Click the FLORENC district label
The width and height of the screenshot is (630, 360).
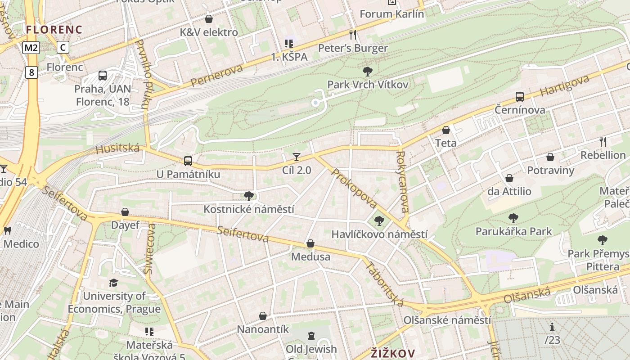tap(54, 30)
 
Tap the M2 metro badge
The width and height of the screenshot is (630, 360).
tap(31, 47)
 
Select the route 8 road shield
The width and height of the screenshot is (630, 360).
tap(31, 72)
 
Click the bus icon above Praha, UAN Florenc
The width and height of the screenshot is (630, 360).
tap(103, 76)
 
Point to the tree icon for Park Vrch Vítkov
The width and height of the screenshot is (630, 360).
tap(367, 71)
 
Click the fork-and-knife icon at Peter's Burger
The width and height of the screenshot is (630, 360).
tap(353, 35)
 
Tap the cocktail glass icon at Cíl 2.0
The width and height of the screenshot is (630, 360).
tap(296, 157)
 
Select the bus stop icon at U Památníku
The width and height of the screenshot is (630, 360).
tap(188, 161)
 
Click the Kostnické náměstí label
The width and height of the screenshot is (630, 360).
tap(249, 209)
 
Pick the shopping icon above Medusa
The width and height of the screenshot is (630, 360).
tap(310, 244)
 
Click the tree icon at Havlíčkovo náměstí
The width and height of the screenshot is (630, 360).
tap(379, 220)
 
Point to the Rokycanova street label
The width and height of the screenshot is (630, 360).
tap(402, 181)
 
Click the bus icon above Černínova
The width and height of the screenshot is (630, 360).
tap(519, 96)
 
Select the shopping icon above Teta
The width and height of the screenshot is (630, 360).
tap(445, 130)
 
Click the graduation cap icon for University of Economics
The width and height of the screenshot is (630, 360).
tap(113, 283)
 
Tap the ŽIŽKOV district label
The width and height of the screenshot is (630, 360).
tap(392, 353)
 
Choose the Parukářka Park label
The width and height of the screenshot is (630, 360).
tap(513, 232)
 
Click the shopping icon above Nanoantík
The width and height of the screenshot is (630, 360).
tap(263, 316)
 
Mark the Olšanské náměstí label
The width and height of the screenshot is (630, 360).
tap(447, 320)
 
